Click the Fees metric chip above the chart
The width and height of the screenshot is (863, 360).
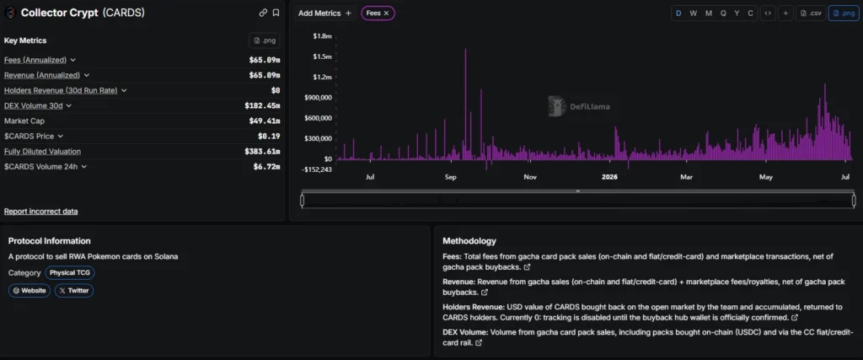coord(378,13)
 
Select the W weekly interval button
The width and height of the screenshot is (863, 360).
coord(693,13)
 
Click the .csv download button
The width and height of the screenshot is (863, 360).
coord(812,13)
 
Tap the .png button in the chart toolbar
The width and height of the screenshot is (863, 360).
coord(844,13)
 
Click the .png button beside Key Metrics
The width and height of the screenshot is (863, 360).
coord(264,40)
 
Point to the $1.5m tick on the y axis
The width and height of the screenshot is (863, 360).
coord(323,56)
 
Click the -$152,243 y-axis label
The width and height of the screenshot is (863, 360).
coord(318,169)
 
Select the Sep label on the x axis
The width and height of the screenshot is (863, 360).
coord(450,177)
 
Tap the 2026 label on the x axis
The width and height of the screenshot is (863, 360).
coord(609,177)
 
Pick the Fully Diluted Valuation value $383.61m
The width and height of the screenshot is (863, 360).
coord(262,152)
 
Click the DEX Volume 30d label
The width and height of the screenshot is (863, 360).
coord(34,105)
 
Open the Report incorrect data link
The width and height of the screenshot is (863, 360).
coord(40,212)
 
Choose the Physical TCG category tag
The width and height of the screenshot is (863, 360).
coord(70,272)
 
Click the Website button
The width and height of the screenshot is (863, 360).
coord(29,291)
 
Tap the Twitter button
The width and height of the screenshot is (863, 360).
coord(74,291)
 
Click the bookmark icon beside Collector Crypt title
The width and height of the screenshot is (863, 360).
coord(276,13)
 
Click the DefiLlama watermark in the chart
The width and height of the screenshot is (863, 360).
coord(579,107)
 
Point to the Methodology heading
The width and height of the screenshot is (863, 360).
coord(469,241)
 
